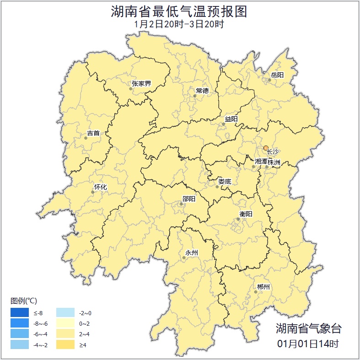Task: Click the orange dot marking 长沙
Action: [x=266, y=148]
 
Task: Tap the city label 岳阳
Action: [x=277, y=75]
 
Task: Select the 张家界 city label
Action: [x=141, y=84]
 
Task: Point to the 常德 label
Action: [x=202, y=91]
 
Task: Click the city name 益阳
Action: [x=231, y=119]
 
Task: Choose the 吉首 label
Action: [x=93, y=134]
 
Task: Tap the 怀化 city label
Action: [x=100, y=187]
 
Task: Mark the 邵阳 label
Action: [x=188, y=199]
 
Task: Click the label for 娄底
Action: [x=225, y=182]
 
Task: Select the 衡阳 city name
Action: [x=246, y=214]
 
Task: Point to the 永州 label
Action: [x=192, y=253]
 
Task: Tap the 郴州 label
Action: [x=263, y=287]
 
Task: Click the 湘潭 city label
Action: [x=261, y=162]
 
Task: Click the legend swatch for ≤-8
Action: [x=20, y=313]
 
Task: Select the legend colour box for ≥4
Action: [x=65, y=344]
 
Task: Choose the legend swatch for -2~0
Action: [x=65, y=313]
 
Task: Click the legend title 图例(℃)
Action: [x=23, y=301]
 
